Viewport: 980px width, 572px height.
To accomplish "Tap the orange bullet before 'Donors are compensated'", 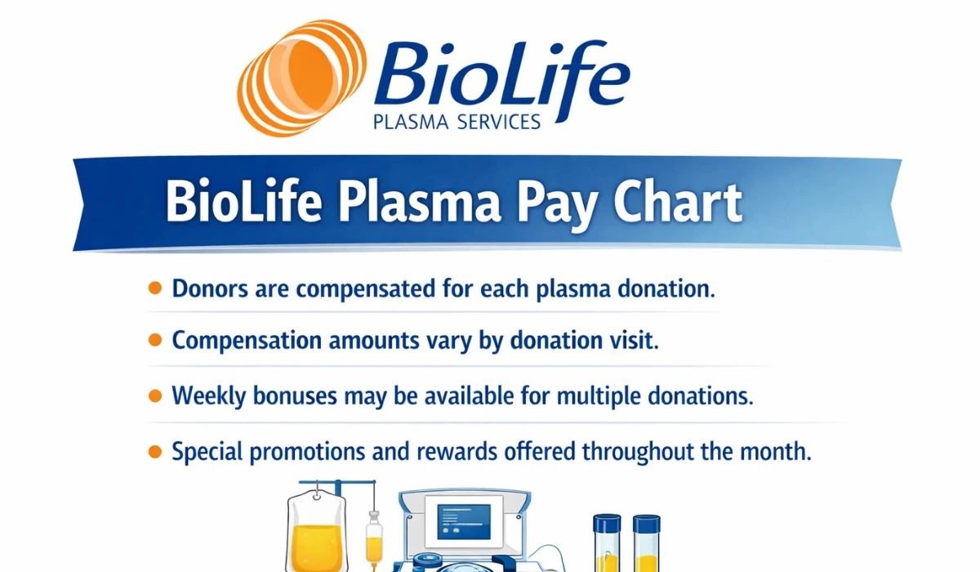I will (154, 288).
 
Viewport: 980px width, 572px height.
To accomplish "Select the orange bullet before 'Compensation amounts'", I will (154, 341).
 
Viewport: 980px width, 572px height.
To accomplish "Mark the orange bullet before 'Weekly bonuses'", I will (154, 396).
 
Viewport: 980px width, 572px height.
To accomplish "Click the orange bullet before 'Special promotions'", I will (154, 451).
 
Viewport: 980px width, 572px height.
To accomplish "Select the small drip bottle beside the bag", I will (374, 535).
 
